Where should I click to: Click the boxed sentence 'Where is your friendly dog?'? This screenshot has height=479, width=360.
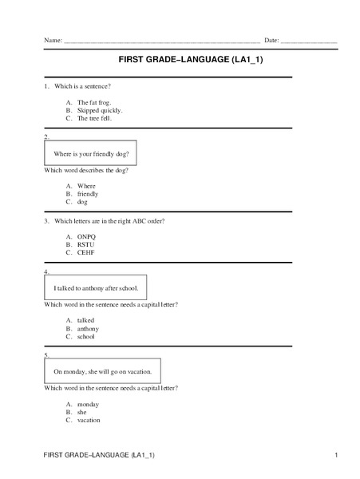click(90, 153)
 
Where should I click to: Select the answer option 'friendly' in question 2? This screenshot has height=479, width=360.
click(88, 194)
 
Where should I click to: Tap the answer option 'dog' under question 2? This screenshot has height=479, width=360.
click(82, 202)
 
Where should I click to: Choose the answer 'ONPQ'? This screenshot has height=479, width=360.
click(86, 237)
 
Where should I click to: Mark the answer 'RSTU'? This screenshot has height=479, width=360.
click(85, 244)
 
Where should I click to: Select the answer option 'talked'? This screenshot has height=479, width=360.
click(85, 320)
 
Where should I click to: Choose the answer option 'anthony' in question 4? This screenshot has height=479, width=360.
click(88, 328)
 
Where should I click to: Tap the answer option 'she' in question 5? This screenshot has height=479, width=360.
click(82, 412)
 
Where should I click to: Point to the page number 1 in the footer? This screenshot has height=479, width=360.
click(338, 454)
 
